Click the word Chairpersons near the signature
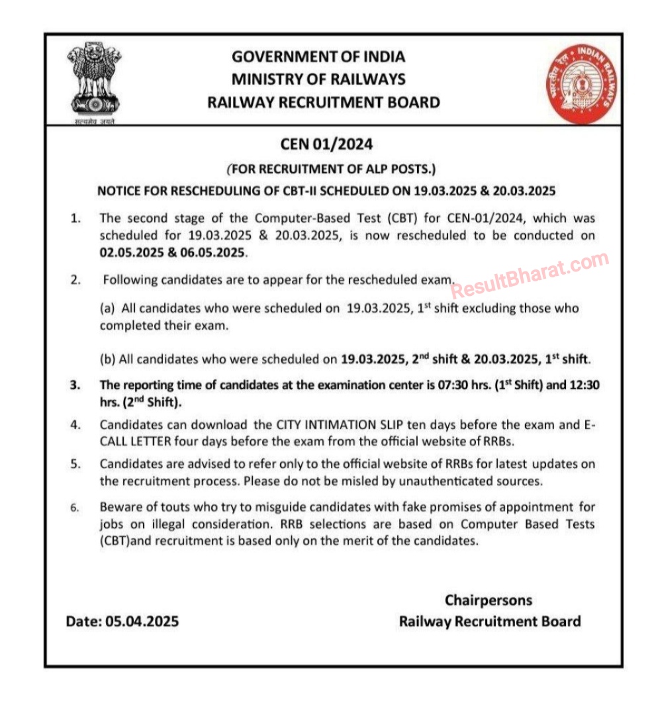(x=488, y=600)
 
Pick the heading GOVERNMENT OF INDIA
(x=318, y=56)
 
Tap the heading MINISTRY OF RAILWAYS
(x=318, y=79)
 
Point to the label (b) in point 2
(x=108, y=359)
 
